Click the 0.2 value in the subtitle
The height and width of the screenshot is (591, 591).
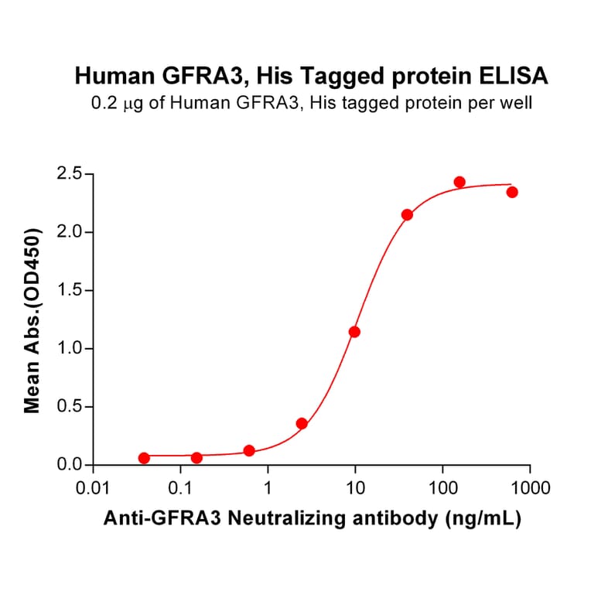click(x=104, y=102)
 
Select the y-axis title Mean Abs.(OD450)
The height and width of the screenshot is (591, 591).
click(x=32, y=320)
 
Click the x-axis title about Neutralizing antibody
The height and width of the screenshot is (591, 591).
click(x=313, y=518)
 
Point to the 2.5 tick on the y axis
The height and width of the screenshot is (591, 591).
click(x=70, y=174)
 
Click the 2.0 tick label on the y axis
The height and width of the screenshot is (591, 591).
click(x=70, y=232)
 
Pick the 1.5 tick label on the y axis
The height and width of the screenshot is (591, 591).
click(x=70, y=291)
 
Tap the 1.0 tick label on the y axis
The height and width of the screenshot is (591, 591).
click(x=70, y=349)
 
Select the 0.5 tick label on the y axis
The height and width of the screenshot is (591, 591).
click(x=70, y=407)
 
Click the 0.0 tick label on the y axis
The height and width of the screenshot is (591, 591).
click(x=70, y=465)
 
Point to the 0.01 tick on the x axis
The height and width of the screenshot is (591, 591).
click(x=93, y=489)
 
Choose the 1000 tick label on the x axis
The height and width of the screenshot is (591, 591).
click(x=530, y=489)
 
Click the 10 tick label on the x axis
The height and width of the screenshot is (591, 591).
click(x=355, y=489)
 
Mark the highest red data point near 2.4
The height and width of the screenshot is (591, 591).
click(x=459, y=182)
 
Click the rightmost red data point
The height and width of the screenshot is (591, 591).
click(x=512, y=192)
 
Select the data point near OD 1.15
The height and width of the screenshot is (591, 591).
click(x=354, y=332)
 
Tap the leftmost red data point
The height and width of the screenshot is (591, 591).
click(x=144, y=458)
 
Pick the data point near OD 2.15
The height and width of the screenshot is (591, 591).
click(x=407, y=214)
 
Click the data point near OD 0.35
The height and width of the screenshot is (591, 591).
click(x=302, y=424)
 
